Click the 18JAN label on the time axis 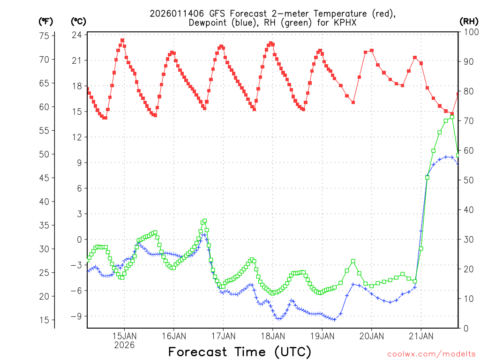point(273,336)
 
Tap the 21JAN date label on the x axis point(420,336)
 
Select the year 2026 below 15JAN point(124,345)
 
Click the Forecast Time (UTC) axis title point(240,352)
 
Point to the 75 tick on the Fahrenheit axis point(44,36)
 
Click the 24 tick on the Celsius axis point(77,35)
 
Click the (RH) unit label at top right point(469,21)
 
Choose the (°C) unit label point(78,21)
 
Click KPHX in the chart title point(337,22)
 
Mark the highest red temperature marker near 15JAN point(122,40)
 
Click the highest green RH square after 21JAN point(452,117)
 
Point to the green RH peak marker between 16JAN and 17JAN point(204,221)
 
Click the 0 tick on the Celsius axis point(79,240)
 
